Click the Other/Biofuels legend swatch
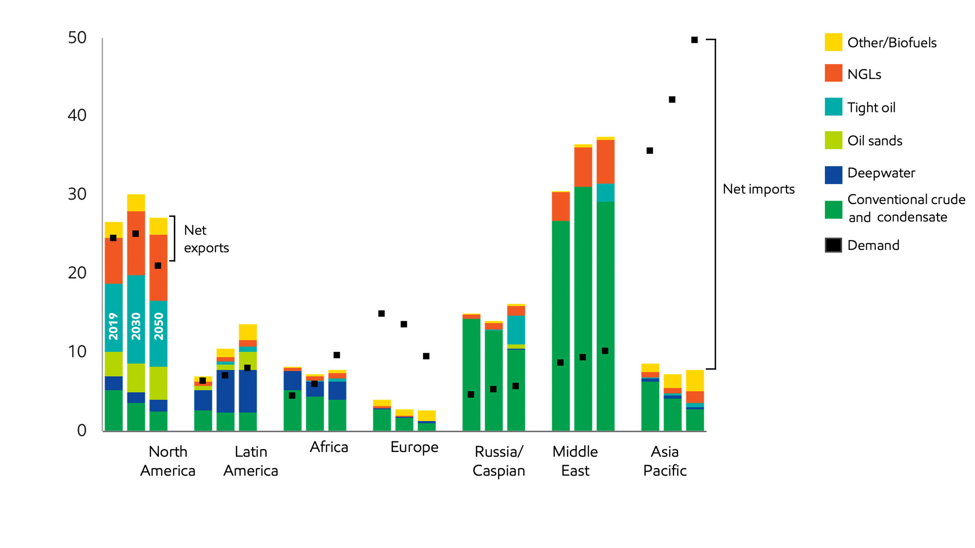pos(833,42)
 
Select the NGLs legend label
pos(864,74)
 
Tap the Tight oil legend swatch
pos(833,107)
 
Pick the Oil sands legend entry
pos(875,141)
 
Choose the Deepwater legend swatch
pos(833,175)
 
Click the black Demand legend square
pos(833,245)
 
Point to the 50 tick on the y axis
pos(77,38)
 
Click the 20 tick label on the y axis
pos(77,273)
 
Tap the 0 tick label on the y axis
pos(82,430)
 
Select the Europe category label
pos(414,447)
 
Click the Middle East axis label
pos(575,461)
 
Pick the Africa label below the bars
pos(329,447)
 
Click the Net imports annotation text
pos(758,189)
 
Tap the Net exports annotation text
pos(206,239)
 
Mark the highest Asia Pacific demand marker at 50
pos(694,40)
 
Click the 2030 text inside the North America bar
pos(136,326)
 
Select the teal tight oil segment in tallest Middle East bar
pos(605,193)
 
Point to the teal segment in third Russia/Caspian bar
pos(516,330)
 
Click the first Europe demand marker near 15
pos(381,313)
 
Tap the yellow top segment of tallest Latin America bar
pos(248,332)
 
